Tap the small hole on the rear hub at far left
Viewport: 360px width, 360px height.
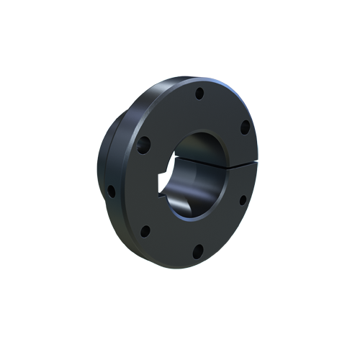(x=111, y=191)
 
